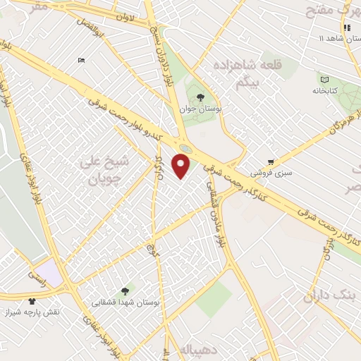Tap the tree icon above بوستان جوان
click(201, 98)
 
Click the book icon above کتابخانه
click(324, 79)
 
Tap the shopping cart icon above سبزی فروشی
click(271, 161)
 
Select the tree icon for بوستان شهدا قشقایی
click(125, 290)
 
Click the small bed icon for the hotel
click(82, 60)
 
